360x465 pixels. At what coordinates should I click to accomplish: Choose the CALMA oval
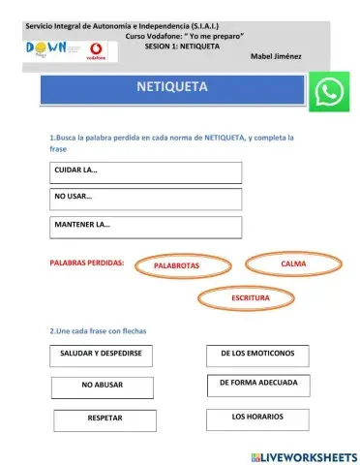(x=292, y=263)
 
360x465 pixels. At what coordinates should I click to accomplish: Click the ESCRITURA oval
(x=250, y=298)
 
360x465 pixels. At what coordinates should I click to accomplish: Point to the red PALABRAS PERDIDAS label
(x=87, y=262)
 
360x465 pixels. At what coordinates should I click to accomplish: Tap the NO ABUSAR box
(x=103, y=387)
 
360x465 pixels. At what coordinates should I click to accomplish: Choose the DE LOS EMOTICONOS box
(x=257, y=355)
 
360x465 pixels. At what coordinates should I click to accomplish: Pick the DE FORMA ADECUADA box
(x=257, y=385)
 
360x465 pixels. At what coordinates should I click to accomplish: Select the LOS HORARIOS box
(x=257, y=418)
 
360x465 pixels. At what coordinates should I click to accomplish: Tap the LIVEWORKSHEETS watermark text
(x=309, y=455)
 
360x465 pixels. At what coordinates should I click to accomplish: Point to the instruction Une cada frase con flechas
(x=97, y=331)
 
